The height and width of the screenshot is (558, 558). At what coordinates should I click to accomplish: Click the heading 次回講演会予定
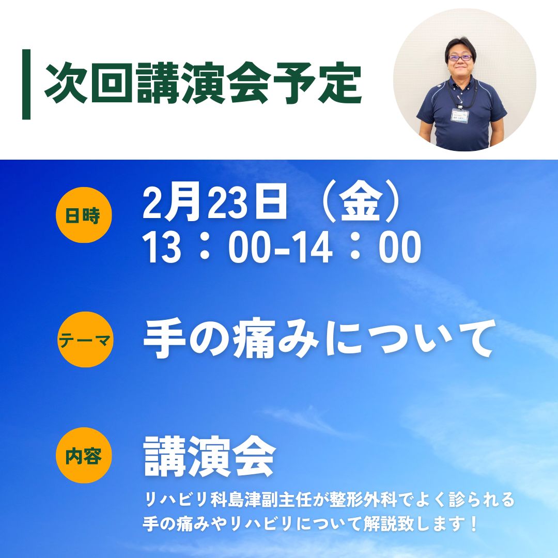pyautogui.click(x=203, y=83)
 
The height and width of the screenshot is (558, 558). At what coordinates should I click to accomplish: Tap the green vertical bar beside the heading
pyautogui.click(x=26, y=84)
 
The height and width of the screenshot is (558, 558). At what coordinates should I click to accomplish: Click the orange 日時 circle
pyautogui.click(x=84, y=215)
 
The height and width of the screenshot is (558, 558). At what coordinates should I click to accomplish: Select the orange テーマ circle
pyautogui.click(x=85, y=339)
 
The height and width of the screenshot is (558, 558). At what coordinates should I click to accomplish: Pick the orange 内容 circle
pyautogui.click(x=84, y=455)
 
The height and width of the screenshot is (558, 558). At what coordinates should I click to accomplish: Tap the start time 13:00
pyautogui.click(x=206, y=246)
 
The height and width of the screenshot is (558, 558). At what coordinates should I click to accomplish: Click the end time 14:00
pyautogui.click(x=356, y=246)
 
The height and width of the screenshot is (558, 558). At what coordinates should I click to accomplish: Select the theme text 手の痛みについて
pyautogui.click(x=320, y=338)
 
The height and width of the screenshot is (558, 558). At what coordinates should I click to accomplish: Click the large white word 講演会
pyautogui.click(x=209, y=457)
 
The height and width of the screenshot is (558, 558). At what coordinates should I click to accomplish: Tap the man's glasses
pyautogui.click(x=460, y=57)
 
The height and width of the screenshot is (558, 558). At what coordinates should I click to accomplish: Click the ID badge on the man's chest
pyautogui.click(x=460, y=116)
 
